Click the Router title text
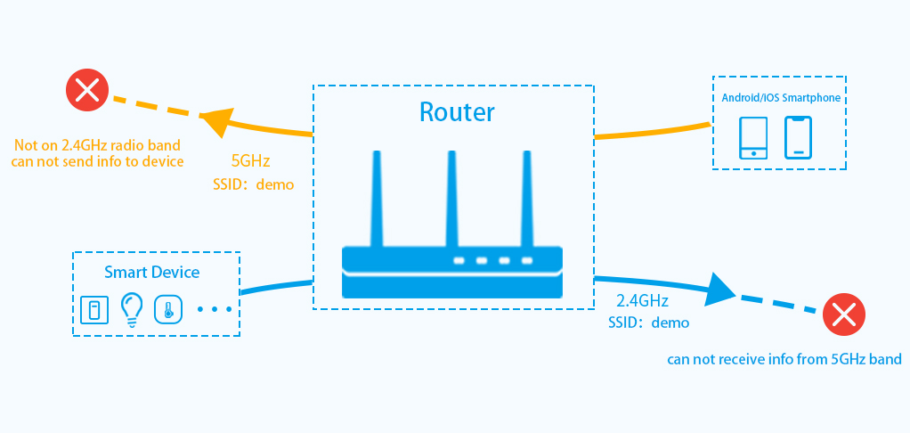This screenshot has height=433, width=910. (x=457, y=112)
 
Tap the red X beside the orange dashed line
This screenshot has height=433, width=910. (x=87, y=91)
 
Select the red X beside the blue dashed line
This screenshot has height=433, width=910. (x=842, y=315)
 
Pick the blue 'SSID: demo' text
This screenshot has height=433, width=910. (x=648, y=323)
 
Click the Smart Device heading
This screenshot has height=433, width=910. (x=152, y=272)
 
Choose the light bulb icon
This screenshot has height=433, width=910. (x=132, y=308)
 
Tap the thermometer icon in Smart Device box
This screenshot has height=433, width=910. (x=167, y=309)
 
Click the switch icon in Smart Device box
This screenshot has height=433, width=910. (x=93, y=309)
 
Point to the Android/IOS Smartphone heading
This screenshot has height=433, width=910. (x=780, y=98)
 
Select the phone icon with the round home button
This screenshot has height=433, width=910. (x=754, y=137)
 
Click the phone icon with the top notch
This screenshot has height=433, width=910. (x=798, y=137)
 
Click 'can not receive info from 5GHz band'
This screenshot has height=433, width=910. (x=784, y=360)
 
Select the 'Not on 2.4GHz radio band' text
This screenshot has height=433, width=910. (x=97, y=144)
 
